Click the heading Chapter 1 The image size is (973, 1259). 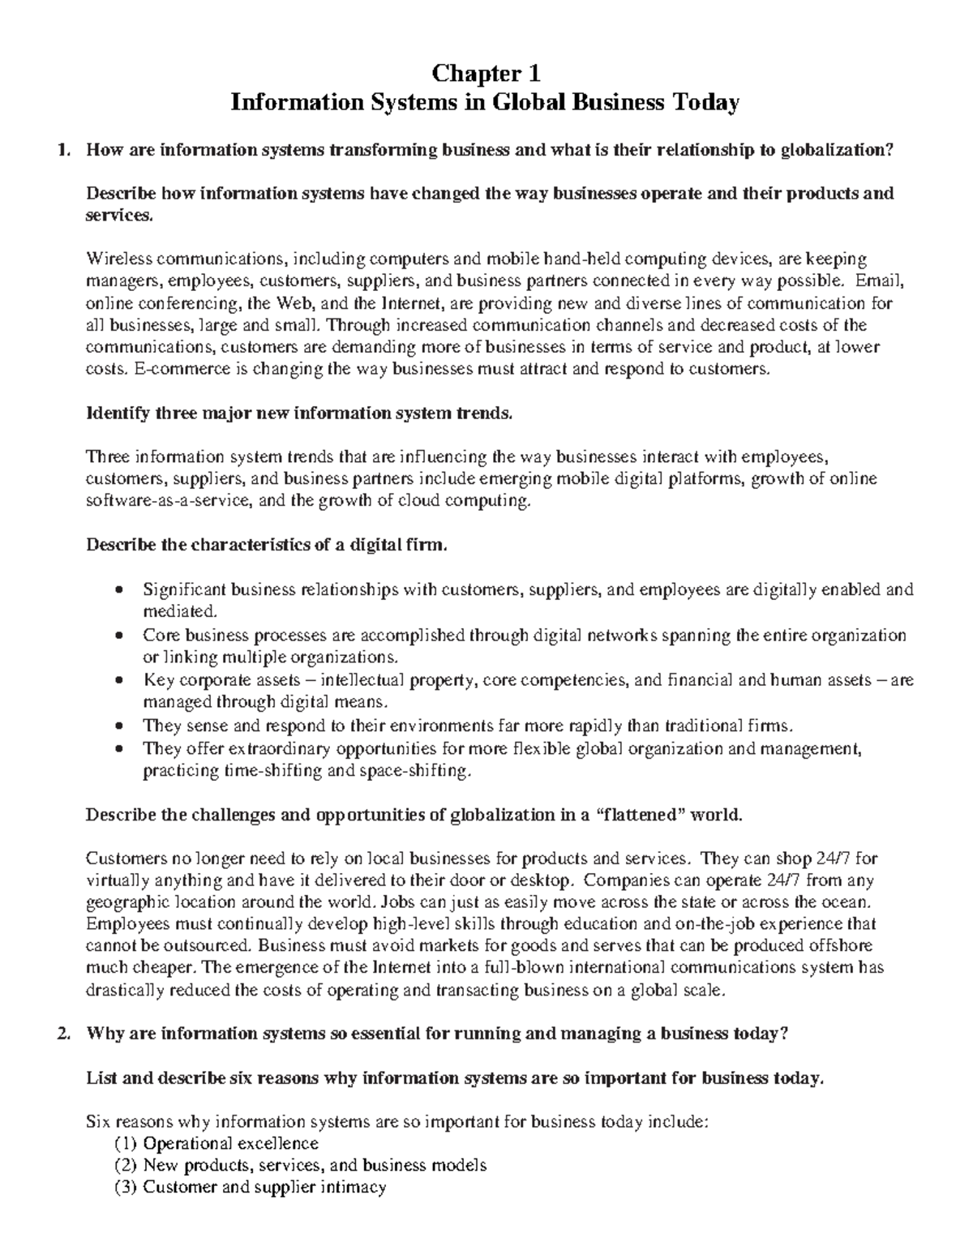click(x=486, y=74)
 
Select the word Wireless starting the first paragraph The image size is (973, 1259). click(x=118, y=259)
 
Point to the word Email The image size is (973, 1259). click(x=872, y=281)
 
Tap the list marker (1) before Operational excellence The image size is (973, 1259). click(x=126, y=1144)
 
